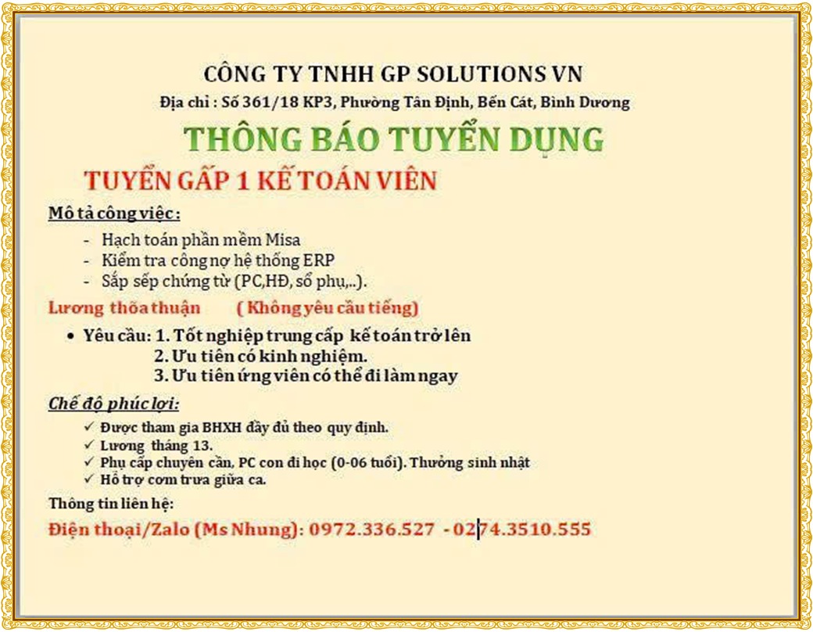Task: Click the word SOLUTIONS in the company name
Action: click(477, 74)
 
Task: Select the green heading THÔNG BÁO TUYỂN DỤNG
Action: click(393, 139)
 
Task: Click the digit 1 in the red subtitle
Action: click(242, 181)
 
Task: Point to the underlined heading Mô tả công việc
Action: click(114, 214)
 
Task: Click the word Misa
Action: click(282, 239)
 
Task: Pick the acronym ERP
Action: click(318, 260)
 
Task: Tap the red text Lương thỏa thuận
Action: click(124, 307)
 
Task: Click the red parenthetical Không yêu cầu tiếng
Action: click(328, 307)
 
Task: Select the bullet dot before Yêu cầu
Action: click(70, 337)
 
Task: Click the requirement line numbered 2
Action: click(261, 357)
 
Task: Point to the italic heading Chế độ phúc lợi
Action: click(113, 404)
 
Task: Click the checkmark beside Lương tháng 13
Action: click(88, 445)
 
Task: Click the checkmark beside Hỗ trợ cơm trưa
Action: click(88, 478)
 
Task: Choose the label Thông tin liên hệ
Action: click(111, 503)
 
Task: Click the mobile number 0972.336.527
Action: click(372, 530)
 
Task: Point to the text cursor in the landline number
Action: click(478, 530)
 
